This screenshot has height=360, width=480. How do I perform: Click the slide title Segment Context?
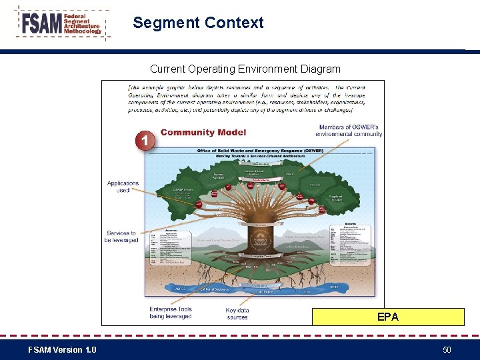click(198, 23)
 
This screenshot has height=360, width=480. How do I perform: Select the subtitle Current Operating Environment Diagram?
click(245, 69)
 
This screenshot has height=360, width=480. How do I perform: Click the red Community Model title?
click(203, 132)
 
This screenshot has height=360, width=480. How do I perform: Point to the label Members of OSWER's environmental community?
click(349, 130)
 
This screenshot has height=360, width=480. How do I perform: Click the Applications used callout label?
click(123, 187)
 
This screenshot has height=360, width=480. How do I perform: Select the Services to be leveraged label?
click(121, 237)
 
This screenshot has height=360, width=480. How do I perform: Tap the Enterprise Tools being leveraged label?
click(171, 313)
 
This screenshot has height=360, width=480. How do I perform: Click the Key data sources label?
click(237, 313)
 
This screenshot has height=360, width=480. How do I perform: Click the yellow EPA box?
click(388, 317)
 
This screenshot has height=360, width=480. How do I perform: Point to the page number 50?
click(446, 349)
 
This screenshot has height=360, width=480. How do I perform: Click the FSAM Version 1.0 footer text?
click(62, 349)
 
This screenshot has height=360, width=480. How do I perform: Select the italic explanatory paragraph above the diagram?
click(247, 99)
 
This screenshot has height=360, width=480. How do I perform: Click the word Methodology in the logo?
click(83, 31)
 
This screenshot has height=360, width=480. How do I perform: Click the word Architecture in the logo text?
click(81, 25)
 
